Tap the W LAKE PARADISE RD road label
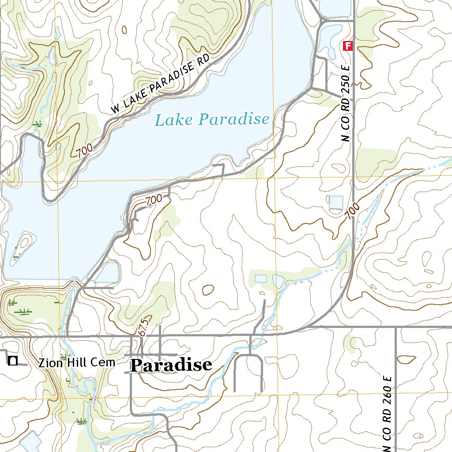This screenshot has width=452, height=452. point(158,87)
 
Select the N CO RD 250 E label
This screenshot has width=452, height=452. point(346,104)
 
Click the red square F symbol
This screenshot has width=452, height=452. point(349,45)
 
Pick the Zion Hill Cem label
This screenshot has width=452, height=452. point(76,363)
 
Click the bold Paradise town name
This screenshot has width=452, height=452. point(171,365)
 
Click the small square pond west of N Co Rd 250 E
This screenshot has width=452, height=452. point(336,202)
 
